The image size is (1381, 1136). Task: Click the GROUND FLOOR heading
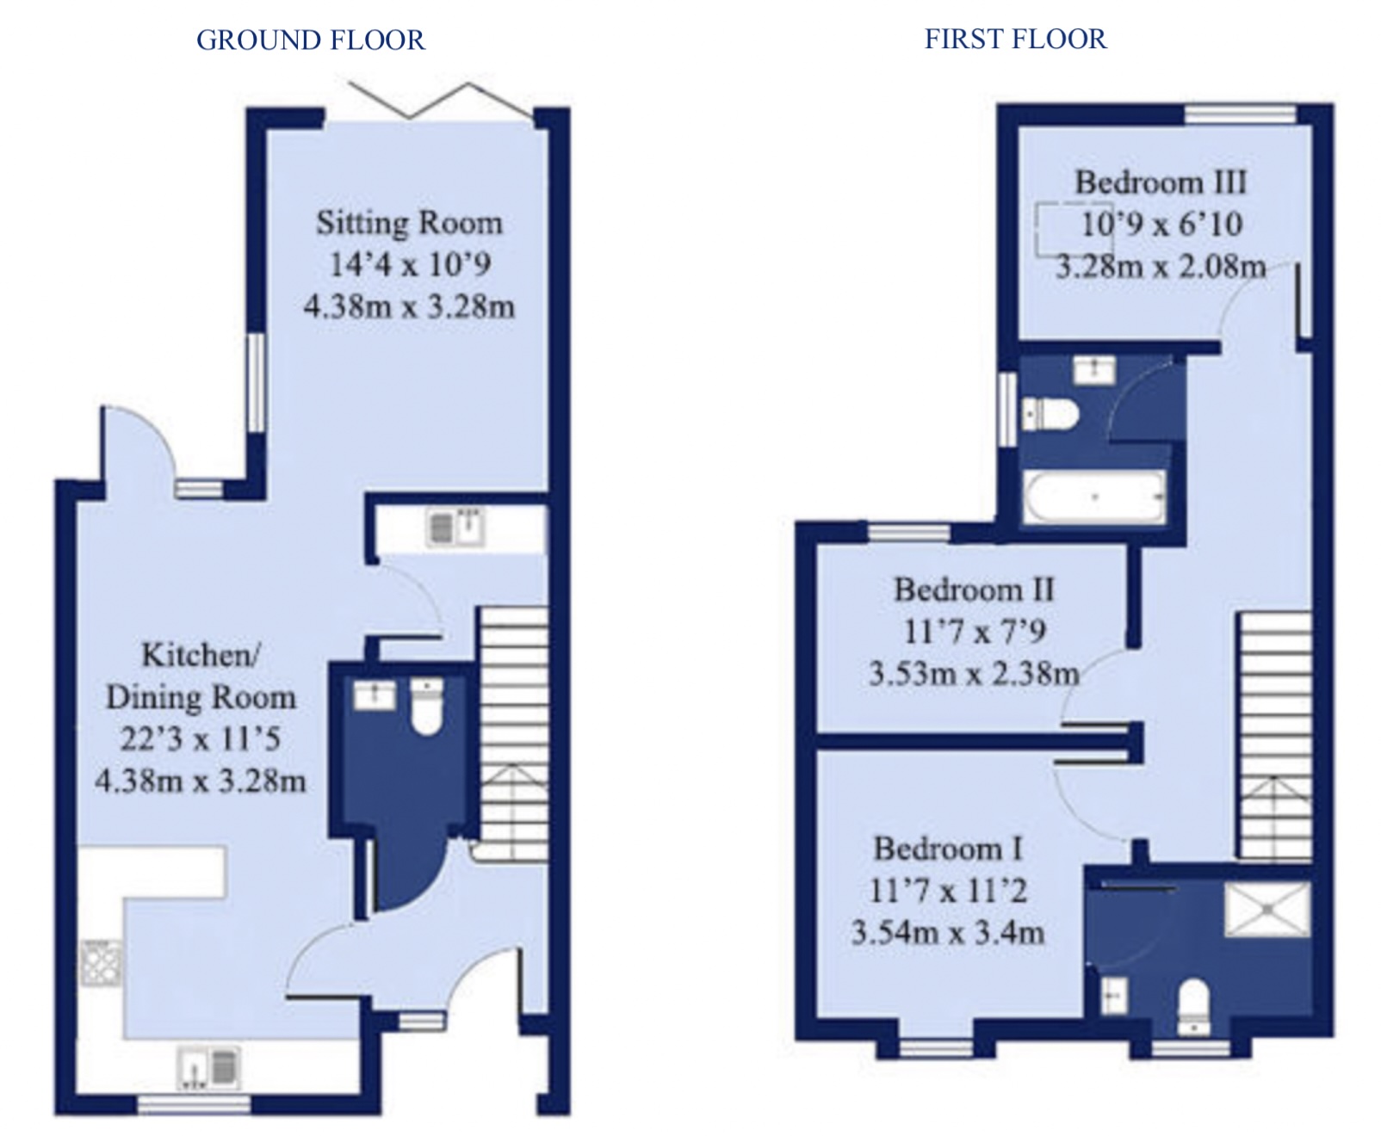coord(310,40)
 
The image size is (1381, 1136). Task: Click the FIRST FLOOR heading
coord(1015,39)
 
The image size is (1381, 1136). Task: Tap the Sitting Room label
coord(409,223)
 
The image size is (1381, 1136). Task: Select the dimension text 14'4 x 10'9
coord(410,264)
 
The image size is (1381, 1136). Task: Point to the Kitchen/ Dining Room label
coord(201,676)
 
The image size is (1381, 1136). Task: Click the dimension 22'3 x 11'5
coord(200,738)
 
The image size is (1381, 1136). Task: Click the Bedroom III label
coord(1160,182)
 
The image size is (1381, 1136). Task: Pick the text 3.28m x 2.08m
coord(1161,266)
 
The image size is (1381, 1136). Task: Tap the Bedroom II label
coord(974,590)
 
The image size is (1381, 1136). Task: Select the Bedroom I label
coord(947,849)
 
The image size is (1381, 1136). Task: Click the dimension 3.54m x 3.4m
coord(947,932)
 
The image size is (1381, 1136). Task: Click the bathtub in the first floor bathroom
coord(1093,497)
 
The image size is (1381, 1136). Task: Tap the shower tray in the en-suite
coord(1266,909)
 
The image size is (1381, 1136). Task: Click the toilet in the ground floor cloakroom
coord(426,707)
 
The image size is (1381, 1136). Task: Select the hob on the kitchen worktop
coord(102,963)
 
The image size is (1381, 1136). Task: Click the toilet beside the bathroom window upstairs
coord(1050,415)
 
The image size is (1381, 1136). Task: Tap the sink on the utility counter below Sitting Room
coord(455,527)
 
